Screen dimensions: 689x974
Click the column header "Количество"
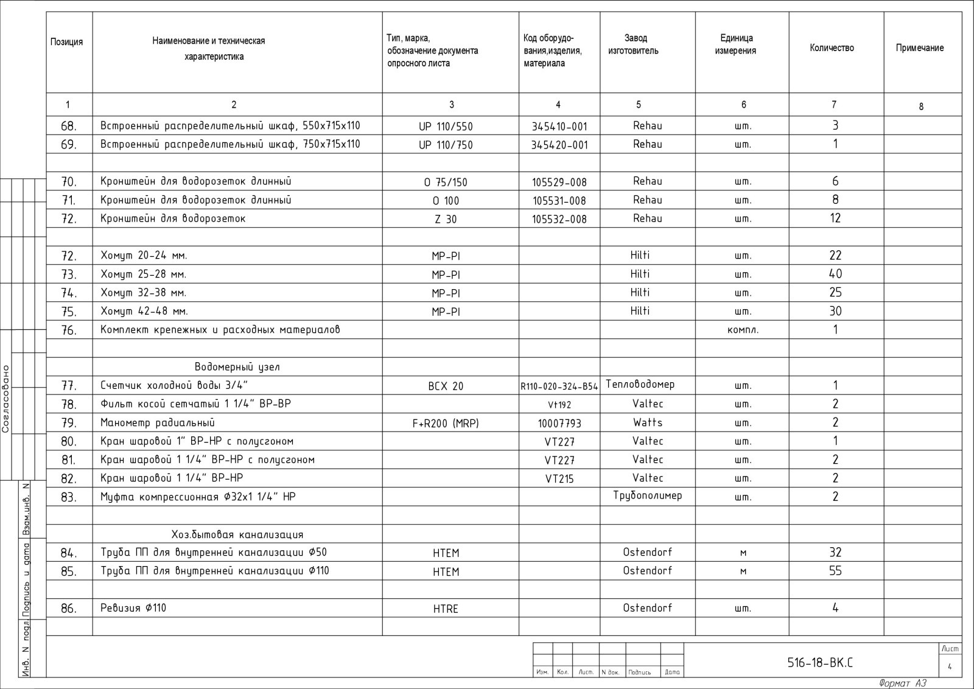tap(832, 48)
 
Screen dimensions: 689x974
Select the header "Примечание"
tap(919, 48)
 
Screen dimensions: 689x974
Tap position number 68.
tap(69, 127)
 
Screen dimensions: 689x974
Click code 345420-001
tap(559, 145)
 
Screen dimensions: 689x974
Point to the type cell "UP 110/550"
tap(446, 127)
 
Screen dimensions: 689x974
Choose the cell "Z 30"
tap(446, 219)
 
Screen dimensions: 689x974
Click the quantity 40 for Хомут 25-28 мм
tap(835, 275)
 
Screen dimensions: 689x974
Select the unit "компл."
tap(743, 331)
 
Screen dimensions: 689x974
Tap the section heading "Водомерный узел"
tap(237, 367)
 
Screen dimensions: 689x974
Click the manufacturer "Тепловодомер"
tap(640, 385)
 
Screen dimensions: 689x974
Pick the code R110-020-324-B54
tap(559, 386)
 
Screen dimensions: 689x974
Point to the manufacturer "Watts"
tap(647, 422)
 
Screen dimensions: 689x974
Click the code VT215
tap(559, 479)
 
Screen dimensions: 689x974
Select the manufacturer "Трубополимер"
tap(647, 495)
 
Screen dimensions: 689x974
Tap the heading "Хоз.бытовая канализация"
tap(237, 534)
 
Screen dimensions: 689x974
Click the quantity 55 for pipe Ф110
tap(835, 571)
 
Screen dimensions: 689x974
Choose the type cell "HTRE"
tap(446, 609)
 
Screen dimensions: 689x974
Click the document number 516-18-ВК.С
tap(820, 663)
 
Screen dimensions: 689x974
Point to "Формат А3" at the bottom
tap(902, 684)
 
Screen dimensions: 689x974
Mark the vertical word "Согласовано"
tap(6, 399)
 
